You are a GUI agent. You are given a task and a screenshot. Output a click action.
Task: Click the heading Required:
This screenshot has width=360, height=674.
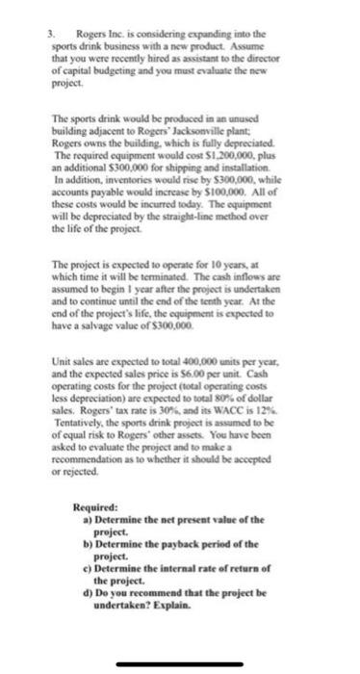(x=96, y=506)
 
